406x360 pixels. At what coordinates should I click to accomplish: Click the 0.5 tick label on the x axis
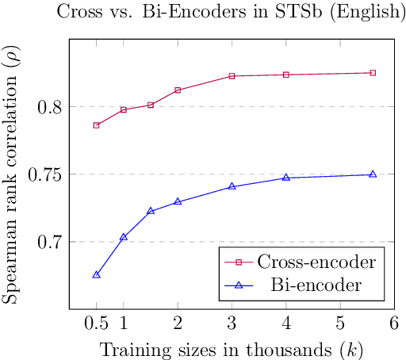tap(96, 324)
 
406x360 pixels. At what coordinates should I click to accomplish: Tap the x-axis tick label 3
tap(232, 324)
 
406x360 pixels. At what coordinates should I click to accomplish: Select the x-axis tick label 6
tap(394, 324)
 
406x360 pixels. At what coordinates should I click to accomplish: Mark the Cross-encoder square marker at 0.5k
tap(97, 125)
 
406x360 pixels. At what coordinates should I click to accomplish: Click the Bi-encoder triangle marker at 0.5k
tap(97, 274)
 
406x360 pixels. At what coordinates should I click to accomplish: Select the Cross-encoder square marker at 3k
tap(232, 76)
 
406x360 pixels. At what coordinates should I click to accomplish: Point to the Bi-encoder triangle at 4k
tap(286, 178)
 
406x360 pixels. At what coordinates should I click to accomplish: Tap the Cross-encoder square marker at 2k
tap(178, 90)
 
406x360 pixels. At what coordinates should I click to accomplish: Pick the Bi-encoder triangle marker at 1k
tap(124, 236)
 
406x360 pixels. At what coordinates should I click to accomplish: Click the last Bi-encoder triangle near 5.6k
tap(373, 174)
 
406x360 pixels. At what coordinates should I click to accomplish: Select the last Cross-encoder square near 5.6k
tap(373, 73)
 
